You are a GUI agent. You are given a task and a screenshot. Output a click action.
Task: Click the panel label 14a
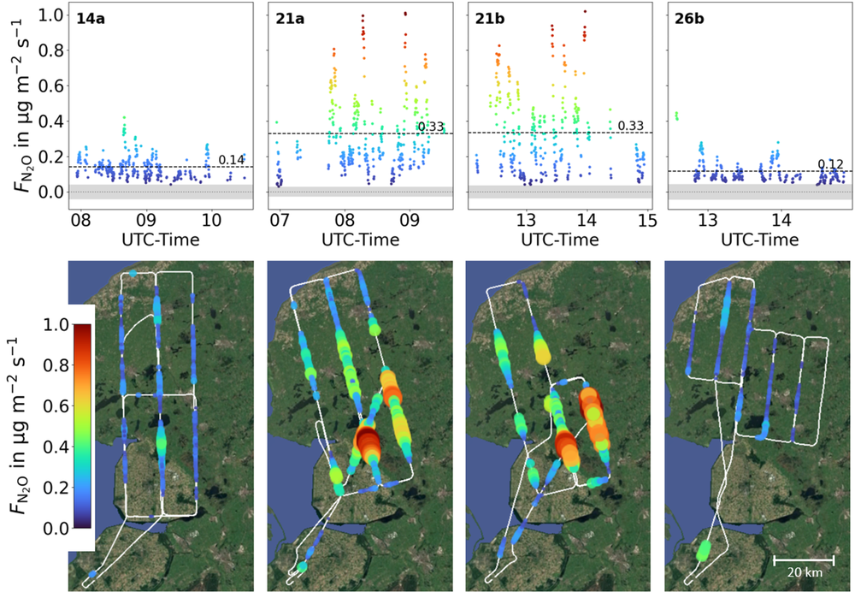[x=91, y=19]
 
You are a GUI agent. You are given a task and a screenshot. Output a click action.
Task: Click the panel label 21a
[x=290, y=19]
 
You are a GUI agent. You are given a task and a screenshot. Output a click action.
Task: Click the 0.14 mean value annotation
[x=231, y=160]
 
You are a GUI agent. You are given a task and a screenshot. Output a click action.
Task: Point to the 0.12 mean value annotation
[x=830, y=164]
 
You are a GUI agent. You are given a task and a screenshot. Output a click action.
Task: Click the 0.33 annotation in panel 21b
[x=631, y=126]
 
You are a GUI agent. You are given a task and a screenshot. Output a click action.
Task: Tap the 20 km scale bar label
[x=805, y=572]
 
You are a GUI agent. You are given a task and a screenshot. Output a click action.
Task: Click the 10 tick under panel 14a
[x=212, y=221]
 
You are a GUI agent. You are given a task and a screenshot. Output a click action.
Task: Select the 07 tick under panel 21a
[x=280, y=221]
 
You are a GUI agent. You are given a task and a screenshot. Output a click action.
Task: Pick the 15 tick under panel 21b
[x=647, y=221]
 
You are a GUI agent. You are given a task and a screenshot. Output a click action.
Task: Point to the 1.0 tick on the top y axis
[x=52, y=15]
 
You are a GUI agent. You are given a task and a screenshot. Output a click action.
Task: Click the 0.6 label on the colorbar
[x=56, y=406]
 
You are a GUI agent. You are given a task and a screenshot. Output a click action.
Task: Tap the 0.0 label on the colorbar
[x=56, y=528]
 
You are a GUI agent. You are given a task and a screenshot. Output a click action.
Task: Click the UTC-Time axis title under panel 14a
[x=161, y=240]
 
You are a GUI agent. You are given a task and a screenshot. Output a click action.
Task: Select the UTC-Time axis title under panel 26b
[x=759, y=240]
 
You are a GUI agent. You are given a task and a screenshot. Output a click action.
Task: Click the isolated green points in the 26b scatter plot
[x=676, y=115]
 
